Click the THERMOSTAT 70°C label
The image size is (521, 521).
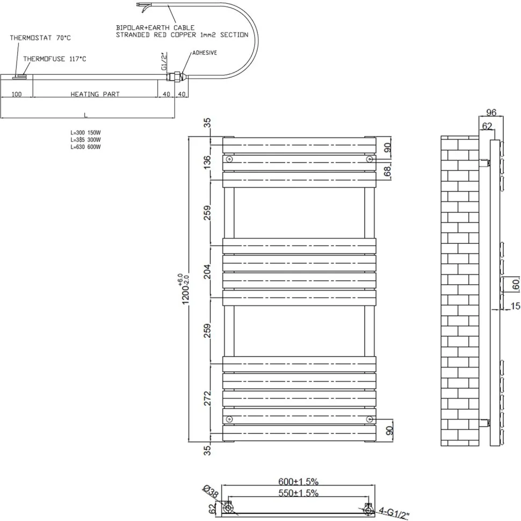point(40,38)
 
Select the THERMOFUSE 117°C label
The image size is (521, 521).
point(54,59)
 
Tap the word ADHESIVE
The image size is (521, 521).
point(205,53)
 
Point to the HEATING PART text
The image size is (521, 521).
point(95,94)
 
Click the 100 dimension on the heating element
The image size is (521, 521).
point(17,94)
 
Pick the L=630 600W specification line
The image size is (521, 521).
point(85,147)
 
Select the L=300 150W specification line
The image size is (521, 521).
point(85,133)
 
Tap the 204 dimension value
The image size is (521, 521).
point(207,271)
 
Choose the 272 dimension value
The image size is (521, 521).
point(207,398)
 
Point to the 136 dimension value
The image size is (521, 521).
point(207,162)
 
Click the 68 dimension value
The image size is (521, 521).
point(388,171)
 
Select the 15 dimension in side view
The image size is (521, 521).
point(515,306)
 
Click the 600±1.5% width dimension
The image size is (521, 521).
point(299,481)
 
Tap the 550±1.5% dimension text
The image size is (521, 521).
point(299,493)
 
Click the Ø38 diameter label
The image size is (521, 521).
point(211,492)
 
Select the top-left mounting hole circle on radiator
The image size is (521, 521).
point(229,159)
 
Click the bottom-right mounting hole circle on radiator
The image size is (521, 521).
point(369,419)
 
